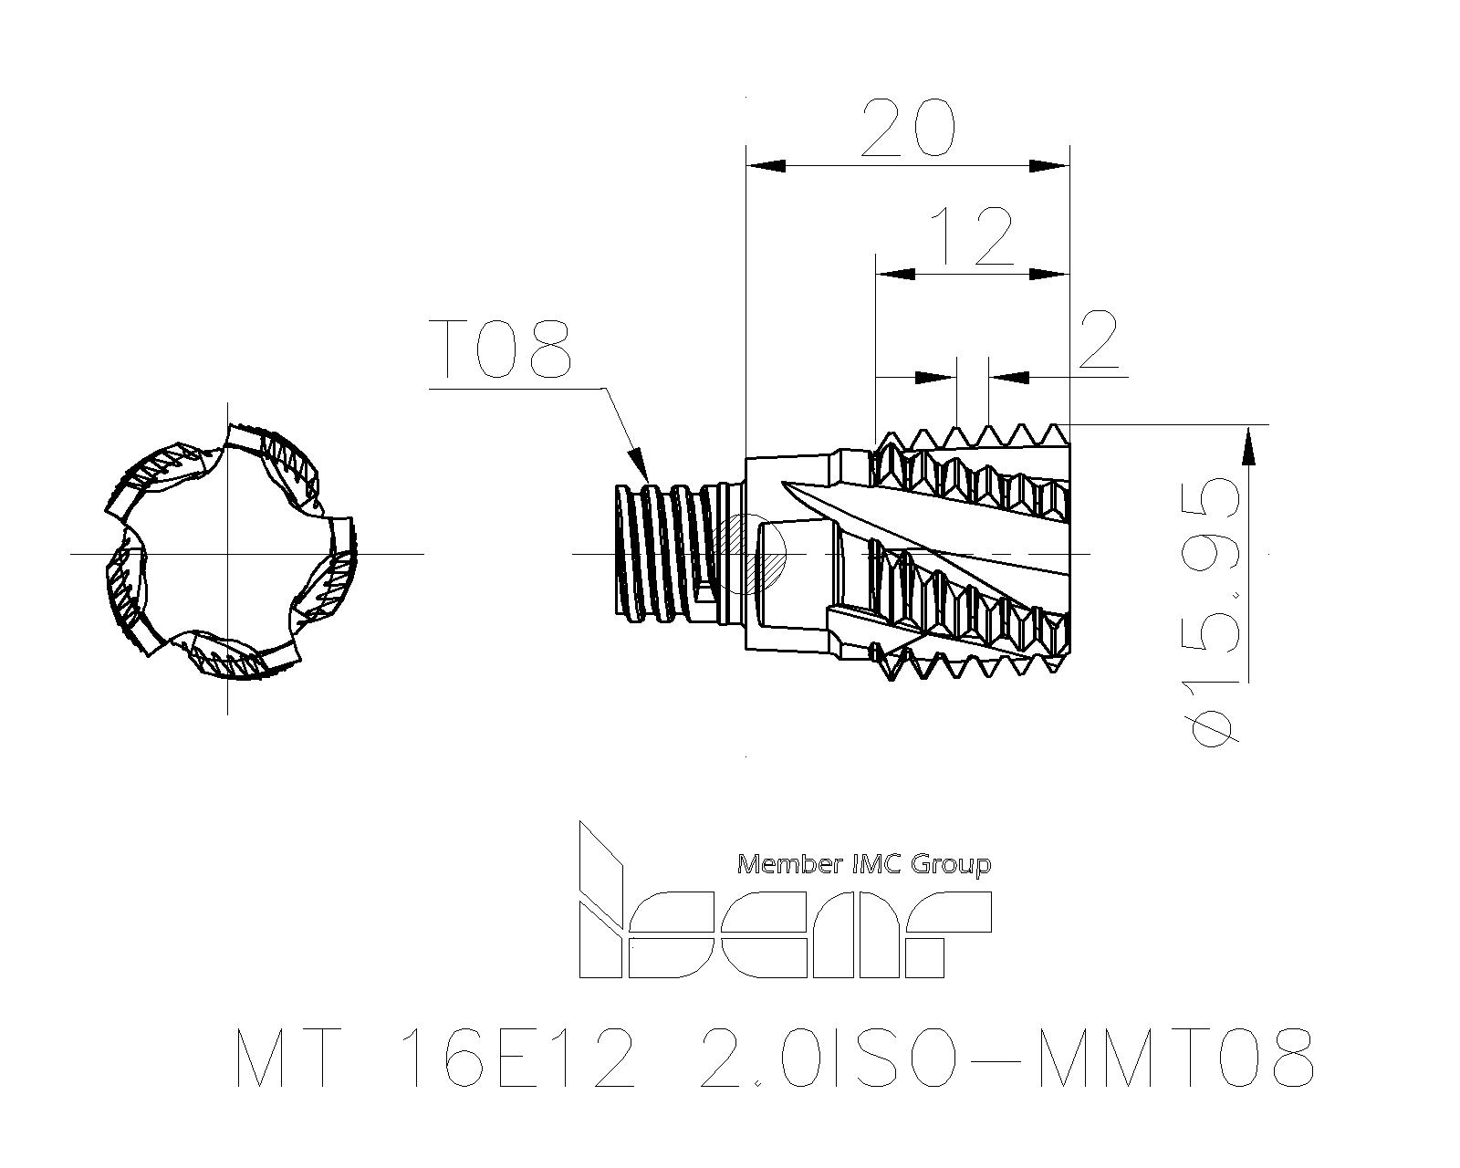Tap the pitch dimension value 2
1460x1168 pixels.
1096,340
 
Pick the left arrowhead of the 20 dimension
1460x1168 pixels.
766,165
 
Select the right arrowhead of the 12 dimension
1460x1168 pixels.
1049,274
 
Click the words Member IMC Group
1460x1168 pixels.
863,864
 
